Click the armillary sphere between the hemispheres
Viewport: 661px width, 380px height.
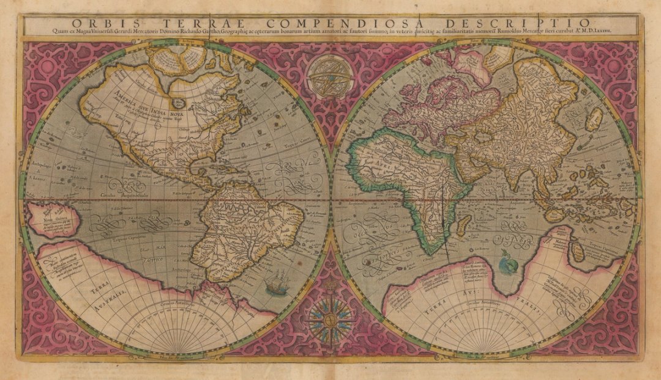coord(331,76)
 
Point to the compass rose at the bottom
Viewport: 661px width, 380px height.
coord(330,317)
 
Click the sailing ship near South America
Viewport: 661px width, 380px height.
coord(277,284)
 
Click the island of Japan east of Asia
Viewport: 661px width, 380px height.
coord(593,119)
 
